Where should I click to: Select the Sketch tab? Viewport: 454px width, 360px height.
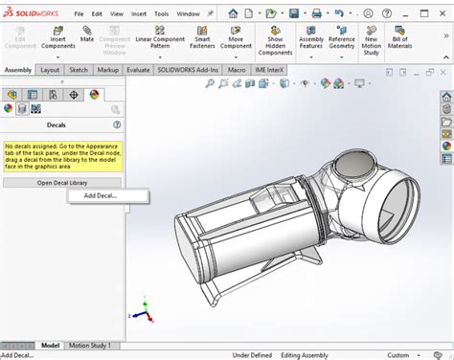pos(79,70)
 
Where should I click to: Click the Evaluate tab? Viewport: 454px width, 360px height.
pos(138,70)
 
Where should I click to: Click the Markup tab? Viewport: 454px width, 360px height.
pos(107,70)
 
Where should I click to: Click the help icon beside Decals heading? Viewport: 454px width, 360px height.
pos(117,124)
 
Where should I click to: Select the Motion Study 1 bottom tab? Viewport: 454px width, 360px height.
pos(89,345)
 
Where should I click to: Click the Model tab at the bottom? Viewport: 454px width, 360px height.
pos(51,345)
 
